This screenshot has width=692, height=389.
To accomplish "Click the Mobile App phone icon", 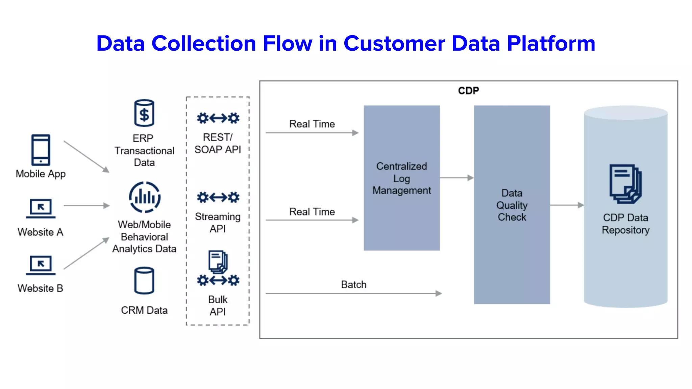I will coord(41,150).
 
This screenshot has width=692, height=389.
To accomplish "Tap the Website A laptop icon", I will coord(41,208).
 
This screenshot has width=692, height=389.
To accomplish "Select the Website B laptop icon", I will coord(41,265).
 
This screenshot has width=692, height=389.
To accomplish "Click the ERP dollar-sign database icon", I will coord(144,113).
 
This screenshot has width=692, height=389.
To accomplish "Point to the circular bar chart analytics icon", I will coord(145,197).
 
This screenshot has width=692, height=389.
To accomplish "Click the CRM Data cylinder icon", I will coord(144,281).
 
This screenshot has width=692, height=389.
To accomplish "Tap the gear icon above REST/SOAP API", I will coord(218,118).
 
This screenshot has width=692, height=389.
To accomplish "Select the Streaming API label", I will coord(218,223).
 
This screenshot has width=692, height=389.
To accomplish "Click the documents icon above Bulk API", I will coord(218,262).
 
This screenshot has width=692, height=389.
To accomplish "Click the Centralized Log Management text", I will coord(401,178).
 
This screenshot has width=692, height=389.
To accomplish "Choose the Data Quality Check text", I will coord(512,205).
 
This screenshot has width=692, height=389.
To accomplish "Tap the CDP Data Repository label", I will coord(625,224).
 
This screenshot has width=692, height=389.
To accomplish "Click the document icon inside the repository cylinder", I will coord(625,184).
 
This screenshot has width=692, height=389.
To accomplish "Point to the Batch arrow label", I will coord(353,285).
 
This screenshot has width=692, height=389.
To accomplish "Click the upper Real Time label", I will coord(312,124).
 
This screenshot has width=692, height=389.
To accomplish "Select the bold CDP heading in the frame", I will coord(468,90).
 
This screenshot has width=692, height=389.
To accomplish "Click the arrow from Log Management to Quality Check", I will coord(456,178).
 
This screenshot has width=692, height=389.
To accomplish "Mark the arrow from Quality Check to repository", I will coord(567,205).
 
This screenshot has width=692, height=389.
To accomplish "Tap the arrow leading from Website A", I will coord(86,205).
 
